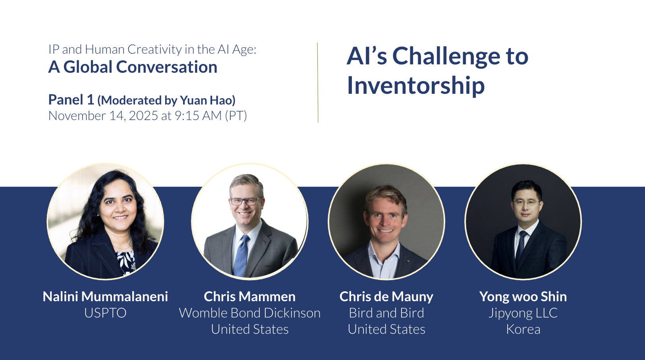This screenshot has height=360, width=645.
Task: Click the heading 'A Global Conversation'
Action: coord(133,67)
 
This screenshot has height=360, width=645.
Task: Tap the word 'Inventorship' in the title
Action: coord(416,86)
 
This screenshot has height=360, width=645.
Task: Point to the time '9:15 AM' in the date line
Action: coord(198,116)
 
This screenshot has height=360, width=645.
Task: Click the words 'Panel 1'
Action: coord(71,100)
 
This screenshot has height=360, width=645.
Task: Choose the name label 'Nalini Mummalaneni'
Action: coord(105,296)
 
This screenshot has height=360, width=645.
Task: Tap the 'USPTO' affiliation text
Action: coord(105,313)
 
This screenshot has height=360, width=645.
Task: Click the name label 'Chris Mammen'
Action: coord(250,296)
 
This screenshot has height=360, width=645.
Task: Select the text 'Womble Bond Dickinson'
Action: coord(250,313)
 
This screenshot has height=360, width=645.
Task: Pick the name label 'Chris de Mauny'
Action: coord(386,297)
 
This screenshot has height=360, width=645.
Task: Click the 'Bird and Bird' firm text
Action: coord(386,313)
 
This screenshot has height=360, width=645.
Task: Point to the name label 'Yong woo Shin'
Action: coord(523,297)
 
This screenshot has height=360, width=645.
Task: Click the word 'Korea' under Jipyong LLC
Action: coord(523,329)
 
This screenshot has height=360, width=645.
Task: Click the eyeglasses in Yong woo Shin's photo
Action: coord(526,203)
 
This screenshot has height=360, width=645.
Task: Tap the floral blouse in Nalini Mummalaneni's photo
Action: coord(126,262)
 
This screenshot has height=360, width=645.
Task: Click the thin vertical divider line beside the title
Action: coord(318,83)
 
